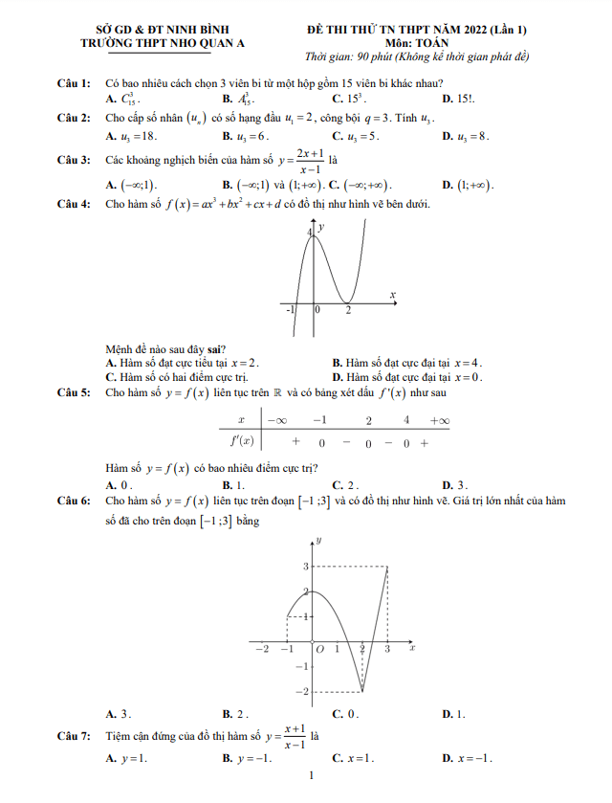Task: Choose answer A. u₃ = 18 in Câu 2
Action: pyautogui.click(x=131, y=136)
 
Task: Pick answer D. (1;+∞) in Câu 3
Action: pyautogui.click(x=468, y=184)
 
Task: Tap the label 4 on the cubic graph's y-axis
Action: pyautogui.click(x=310, y=232)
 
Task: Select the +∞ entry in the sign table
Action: pyautogui.click(x=440, y=420)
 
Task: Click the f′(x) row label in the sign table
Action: pyautogui.click(x=241, y=442)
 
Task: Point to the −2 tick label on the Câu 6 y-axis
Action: pyautogui.click(x=303, y=690)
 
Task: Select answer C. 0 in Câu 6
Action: pyautogui.click(x=344, y=714)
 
